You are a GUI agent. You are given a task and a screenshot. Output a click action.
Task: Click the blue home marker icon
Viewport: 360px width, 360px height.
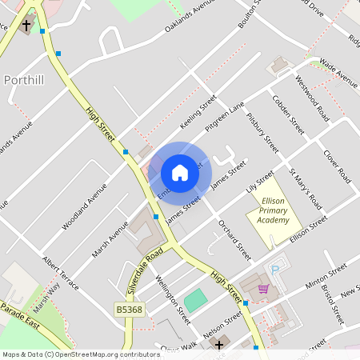tap(180, 173)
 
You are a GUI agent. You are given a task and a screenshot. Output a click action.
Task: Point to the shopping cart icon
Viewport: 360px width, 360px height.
tap(262, 289)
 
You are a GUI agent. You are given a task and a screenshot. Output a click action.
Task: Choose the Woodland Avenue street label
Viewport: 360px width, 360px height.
tap(86, 204)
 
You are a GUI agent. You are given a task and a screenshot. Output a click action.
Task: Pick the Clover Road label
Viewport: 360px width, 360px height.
tap(337, 165)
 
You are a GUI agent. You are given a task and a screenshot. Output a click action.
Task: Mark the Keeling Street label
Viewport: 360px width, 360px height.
tap(198, 114)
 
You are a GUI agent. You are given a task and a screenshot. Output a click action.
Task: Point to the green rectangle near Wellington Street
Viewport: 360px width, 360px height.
tap(195, 302)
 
